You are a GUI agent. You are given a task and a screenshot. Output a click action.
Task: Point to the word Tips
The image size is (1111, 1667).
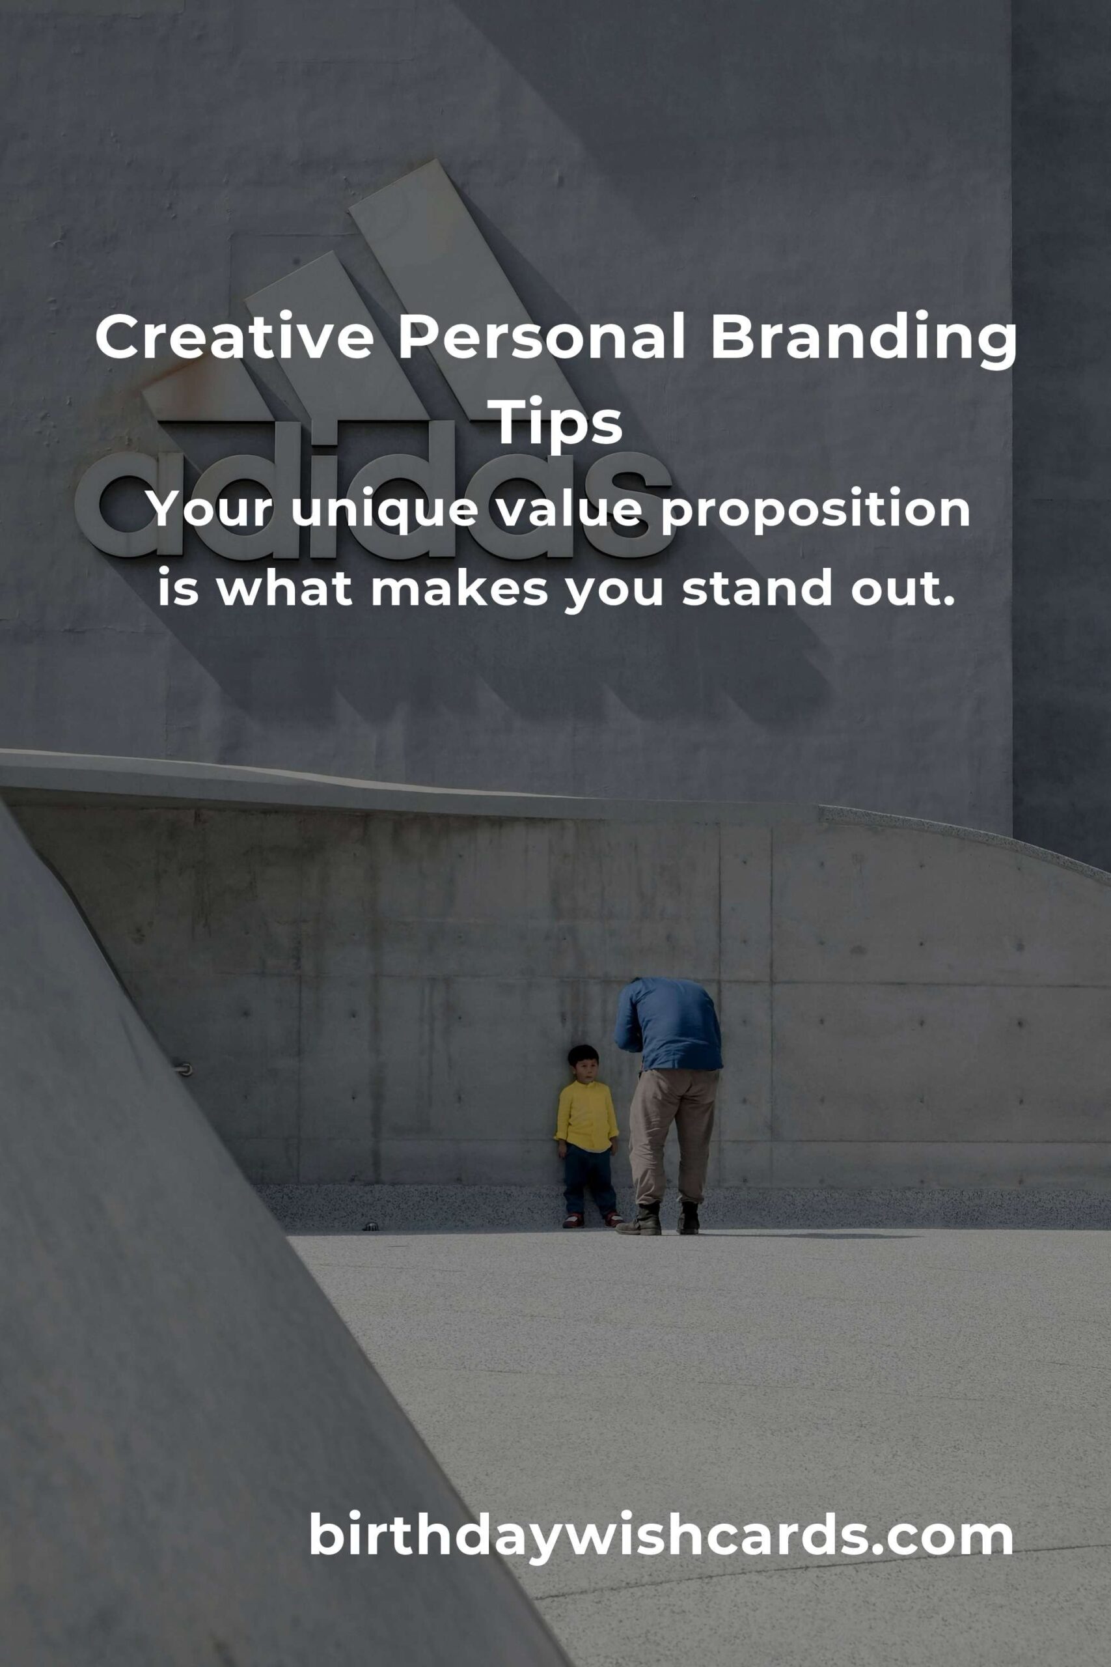tap(558, 424)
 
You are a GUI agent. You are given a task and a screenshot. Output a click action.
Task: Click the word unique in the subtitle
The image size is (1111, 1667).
tap(383, 511)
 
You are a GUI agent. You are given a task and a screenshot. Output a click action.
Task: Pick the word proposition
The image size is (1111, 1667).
tap(816, 511)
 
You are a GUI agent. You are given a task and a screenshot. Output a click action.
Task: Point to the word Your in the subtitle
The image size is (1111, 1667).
tap(210, 512)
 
